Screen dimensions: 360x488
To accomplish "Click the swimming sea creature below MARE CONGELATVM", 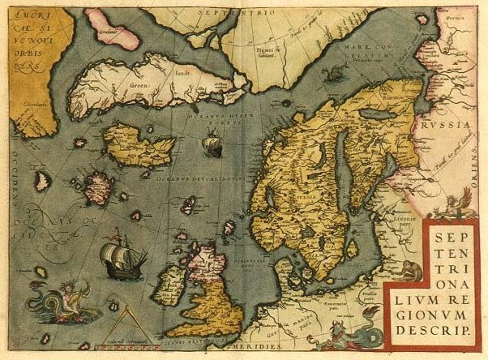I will [332, 75].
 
